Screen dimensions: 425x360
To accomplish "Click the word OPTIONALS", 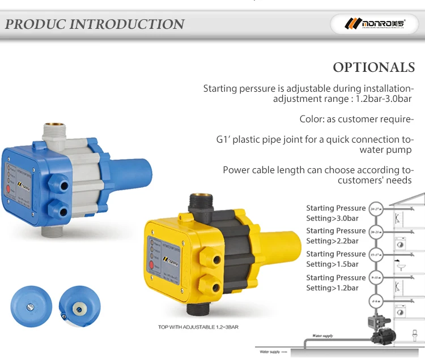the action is (x=374, y=67).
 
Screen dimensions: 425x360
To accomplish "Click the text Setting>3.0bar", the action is (x=332, y=218).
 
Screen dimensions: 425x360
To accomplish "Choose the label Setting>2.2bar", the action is (x=332, y=241).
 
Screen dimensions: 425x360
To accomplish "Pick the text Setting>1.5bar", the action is (x=332, y=264).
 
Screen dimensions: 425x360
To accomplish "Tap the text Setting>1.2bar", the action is (x=332, y=288).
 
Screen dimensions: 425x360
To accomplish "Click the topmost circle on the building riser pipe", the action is (x=375, y=209).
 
